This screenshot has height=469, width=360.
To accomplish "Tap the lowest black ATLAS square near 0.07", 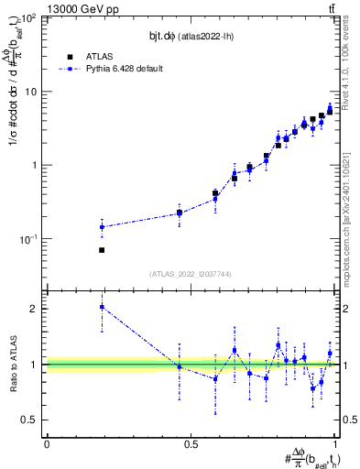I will point(102,249).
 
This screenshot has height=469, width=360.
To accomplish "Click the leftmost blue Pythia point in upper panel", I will point(102,227).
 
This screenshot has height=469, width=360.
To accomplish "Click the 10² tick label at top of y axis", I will point(30,18).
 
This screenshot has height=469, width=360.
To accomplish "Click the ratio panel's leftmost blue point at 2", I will point(102,308).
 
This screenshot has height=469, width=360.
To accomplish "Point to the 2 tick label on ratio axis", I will point(36,309).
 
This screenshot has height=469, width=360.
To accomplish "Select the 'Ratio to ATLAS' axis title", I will point(12,364).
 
